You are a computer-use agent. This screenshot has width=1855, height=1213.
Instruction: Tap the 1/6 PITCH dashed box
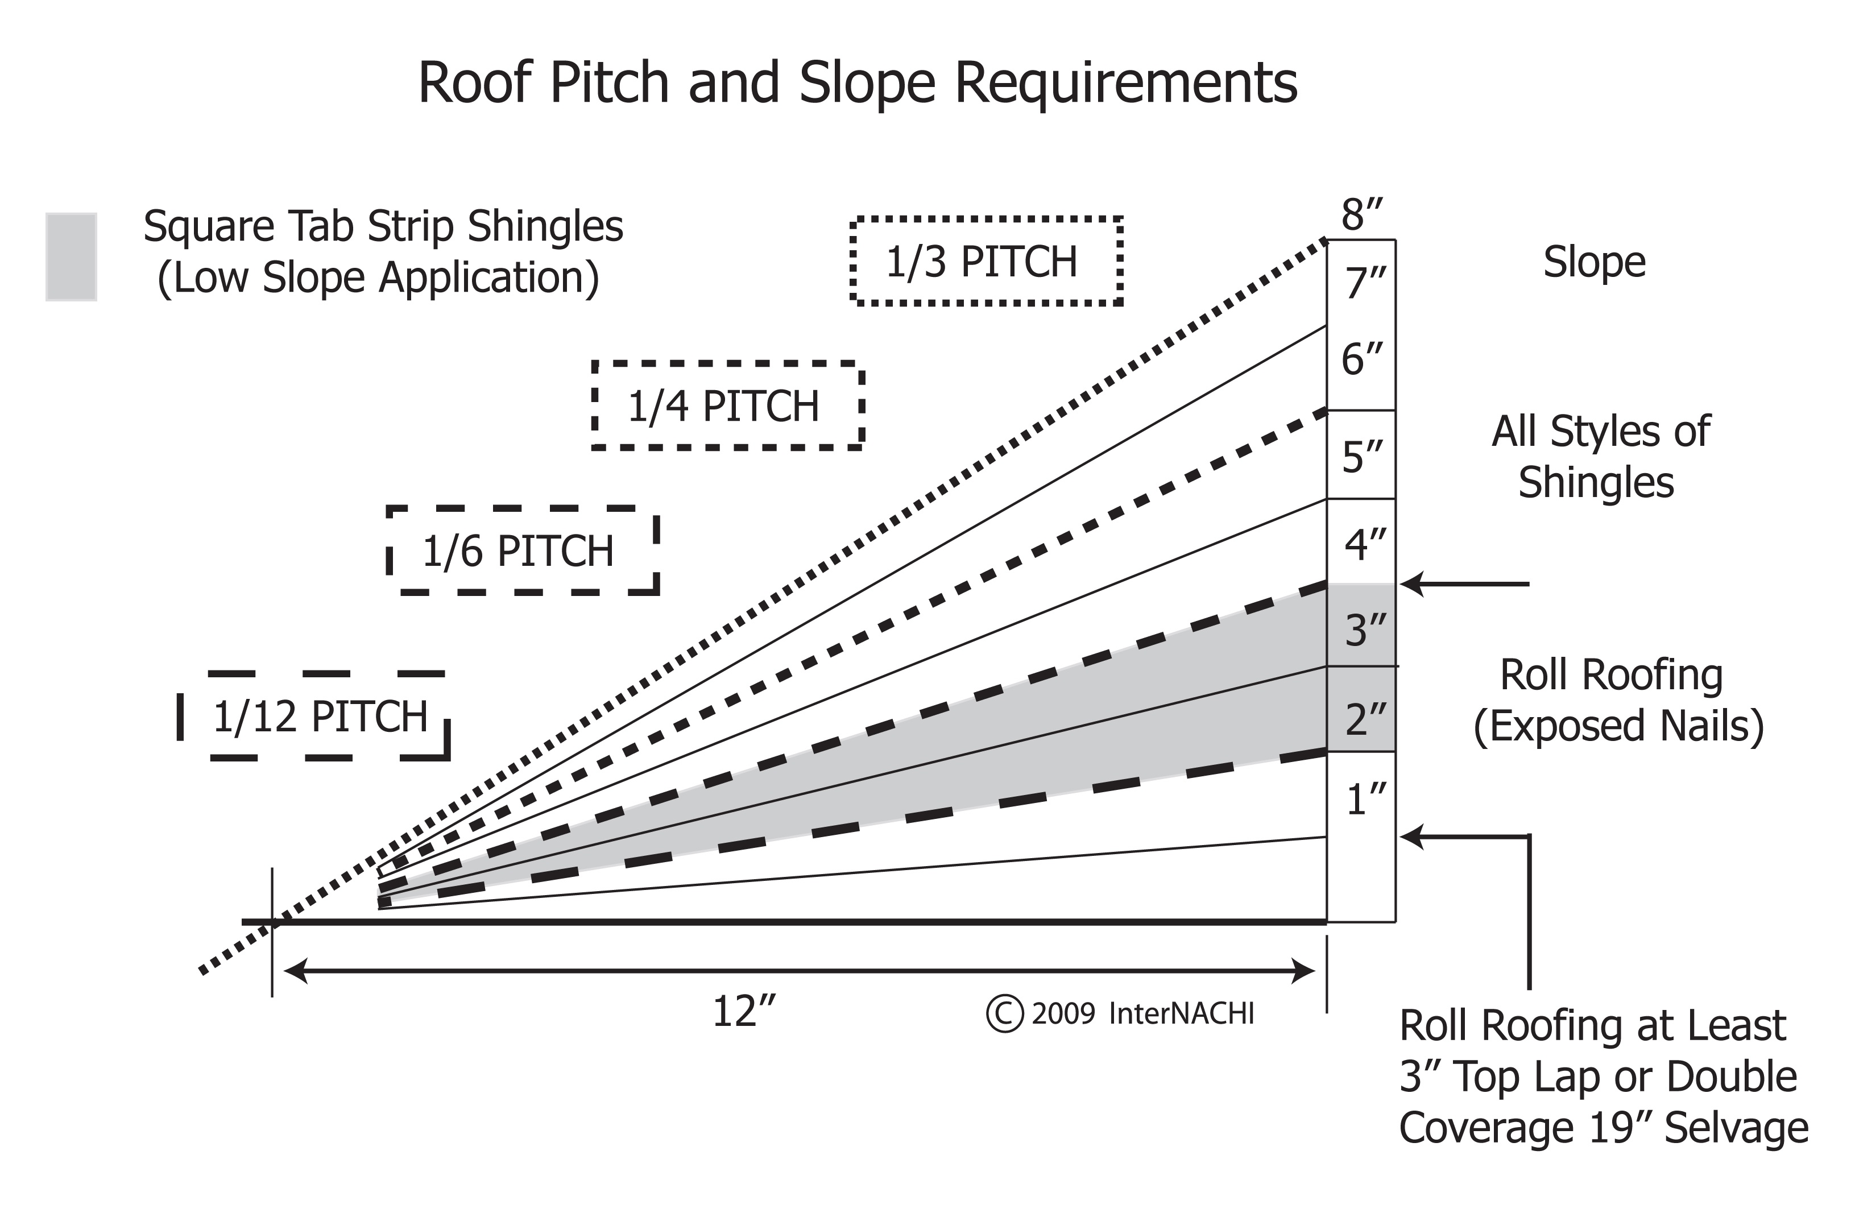521,551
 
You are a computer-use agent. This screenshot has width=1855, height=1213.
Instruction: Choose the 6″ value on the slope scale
1361,359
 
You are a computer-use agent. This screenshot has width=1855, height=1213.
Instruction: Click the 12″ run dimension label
744,1012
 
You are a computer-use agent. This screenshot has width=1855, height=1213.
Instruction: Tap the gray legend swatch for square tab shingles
71,256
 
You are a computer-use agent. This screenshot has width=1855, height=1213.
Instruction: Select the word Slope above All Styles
1595,262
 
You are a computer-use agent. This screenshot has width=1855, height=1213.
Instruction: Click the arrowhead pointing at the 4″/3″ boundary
1413,583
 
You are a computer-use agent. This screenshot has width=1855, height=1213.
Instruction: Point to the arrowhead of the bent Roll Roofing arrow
1413,837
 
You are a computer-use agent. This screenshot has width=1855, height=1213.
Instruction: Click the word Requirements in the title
1125,82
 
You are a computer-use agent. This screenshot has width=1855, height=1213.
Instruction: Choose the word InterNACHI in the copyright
1181,1013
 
